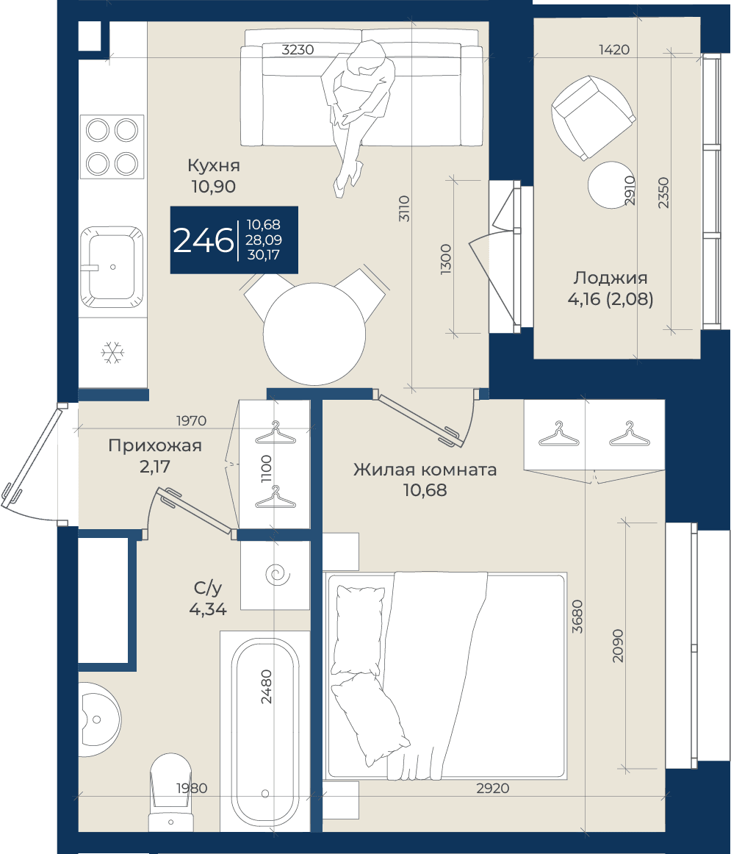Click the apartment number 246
[203, 240]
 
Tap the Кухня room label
[213, 165]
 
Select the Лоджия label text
[611, 278]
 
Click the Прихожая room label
[155, 445]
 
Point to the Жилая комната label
[425, 470]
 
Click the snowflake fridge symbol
[112, 353]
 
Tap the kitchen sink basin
[112, 267]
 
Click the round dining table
[314, 334]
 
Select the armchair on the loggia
[593, 117]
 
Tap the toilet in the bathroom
[170, 792]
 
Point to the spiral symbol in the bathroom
[276, 575]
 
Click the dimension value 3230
[298, 49]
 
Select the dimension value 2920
[492, 788]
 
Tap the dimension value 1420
[614, 49]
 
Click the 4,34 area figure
[208, 609]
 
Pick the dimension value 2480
[266, 686]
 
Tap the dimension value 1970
[192, 420]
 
